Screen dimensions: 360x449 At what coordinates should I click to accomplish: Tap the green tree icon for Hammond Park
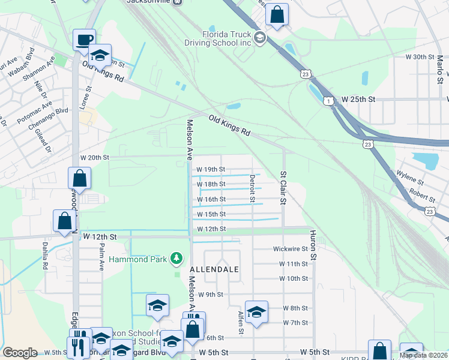176,258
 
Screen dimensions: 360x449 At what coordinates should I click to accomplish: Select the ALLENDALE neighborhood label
215,270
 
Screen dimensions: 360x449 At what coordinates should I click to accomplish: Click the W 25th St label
359,98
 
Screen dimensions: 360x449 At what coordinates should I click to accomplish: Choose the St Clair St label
283,188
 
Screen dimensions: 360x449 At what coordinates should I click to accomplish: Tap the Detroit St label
252,188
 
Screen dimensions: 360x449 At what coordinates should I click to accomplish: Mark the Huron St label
313,245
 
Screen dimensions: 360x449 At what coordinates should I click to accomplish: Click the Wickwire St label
290,248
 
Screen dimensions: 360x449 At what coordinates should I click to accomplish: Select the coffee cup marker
84,40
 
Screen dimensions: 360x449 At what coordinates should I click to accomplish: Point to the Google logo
20,353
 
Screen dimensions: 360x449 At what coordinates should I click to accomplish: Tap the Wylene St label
410,177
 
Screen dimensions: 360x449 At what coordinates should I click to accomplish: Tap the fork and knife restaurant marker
78,346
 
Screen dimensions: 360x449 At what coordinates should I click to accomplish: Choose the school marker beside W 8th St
256,312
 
